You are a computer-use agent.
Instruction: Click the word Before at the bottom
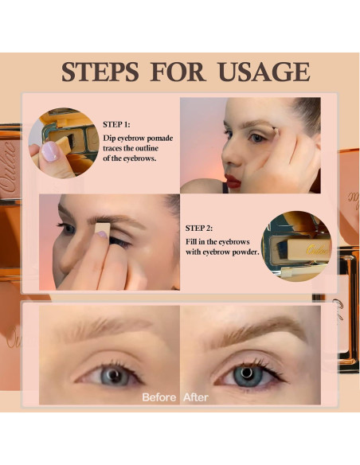coord(158,396)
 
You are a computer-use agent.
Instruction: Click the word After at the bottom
coord(197,396)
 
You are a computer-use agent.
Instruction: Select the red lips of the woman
coord(232,180)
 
